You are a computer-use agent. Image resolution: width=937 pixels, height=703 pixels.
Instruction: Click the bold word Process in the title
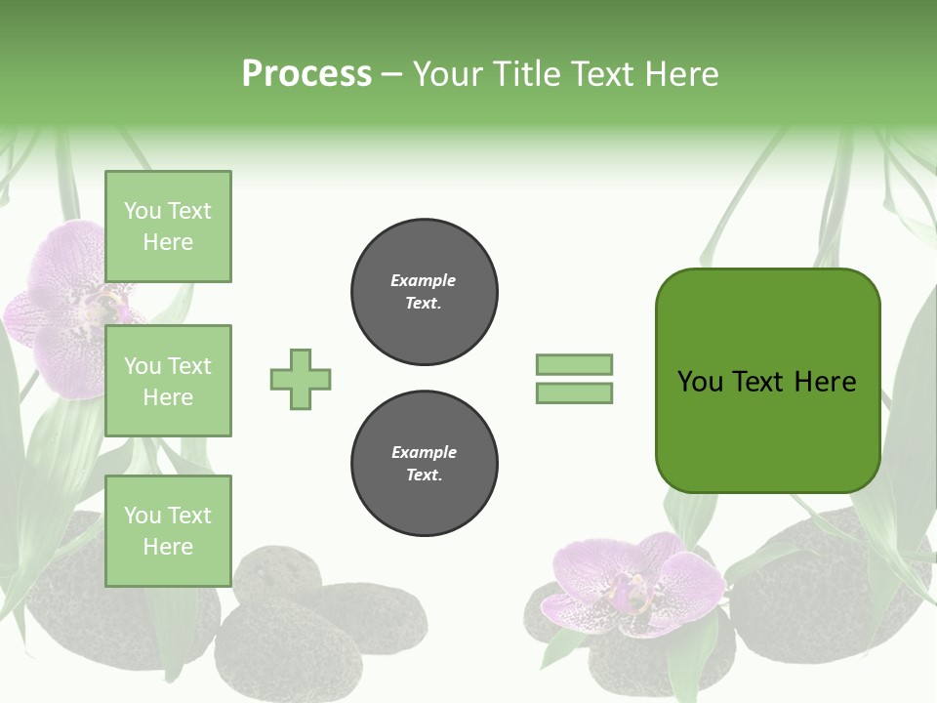(x=306, y=74)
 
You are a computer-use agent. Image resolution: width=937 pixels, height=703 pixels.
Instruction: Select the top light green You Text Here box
(x=168, y=227)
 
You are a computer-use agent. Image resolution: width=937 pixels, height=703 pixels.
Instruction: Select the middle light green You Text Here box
(x=168, y=381)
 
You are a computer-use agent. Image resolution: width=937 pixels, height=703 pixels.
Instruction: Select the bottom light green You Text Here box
(x=168, y=531)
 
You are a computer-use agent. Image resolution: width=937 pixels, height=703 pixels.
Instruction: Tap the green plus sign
(x=301, y=379)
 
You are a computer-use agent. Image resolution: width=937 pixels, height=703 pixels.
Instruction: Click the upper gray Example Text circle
(x=425, y=292)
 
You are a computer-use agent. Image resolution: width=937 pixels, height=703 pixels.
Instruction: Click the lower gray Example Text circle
(x=425, y=464)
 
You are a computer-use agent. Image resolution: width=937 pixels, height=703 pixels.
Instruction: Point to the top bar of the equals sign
(x=574, y=364)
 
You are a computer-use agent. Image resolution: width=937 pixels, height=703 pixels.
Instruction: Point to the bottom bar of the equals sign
(x=574, y=393)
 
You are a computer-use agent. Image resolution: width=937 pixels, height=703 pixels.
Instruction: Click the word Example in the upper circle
(x=423, y=280)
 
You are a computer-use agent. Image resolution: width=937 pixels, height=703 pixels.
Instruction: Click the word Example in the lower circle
(x=424, y=452)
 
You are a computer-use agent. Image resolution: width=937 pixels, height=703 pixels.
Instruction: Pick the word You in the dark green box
(x=700, y=382)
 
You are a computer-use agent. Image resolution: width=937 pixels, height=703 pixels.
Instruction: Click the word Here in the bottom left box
(x=168, y=547)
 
